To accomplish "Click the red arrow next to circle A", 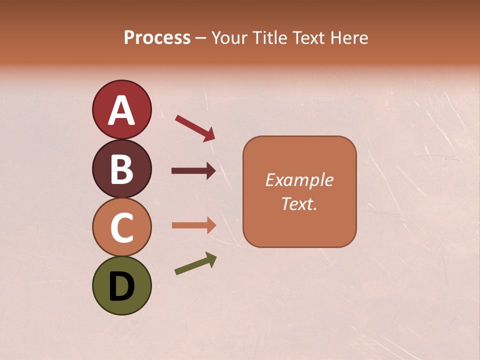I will (195, 128).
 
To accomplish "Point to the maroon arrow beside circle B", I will (194, 171).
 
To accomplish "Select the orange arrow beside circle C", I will (194, 225).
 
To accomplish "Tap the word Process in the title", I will (157, 38).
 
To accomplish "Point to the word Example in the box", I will (299, 180).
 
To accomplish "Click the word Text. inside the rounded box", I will (299, 204).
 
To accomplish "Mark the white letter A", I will (121, 111).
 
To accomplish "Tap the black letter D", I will (121, 287).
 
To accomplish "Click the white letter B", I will (121, 169).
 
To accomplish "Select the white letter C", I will (121, 227).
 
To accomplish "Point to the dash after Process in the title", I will (201, 38).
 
